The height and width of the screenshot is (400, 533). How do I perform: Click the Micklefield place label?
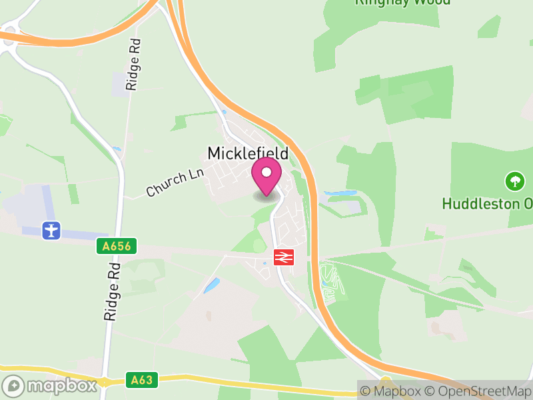pos(248,153)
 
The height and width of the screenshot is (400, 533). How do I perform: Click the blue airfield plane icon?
pos(51,231)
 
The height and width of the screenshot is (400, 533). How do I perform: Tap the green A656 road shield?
pos(116,247)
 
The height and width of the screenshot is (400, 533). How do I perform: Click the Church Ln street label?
pos(174,181)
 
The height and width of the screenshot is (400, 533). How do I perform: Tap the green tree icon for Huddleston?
pos(514,180)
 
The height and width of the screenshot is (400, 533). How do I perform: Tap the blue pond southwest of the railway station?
pos(212,285)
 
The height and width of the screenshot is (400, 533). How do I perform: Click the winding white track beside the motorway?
pos(330,280)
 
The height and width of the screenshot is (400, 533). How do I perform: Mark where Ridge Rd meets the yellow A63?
pos(105,382)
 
